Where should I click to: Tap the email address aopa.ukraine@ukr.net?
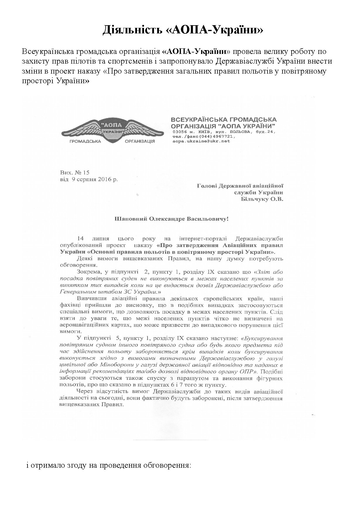[201, 141]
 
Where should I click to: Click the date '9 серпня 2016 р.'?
[95, 179]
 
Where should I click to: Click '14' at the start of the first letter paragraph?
[81, 239]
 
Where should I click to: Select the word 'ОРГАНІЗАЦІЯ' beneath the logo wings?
[140, 141]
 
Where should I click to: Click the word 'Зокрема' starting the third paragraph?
[87, 272]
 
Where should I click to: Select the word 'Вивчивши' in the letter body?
[91, 299]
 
